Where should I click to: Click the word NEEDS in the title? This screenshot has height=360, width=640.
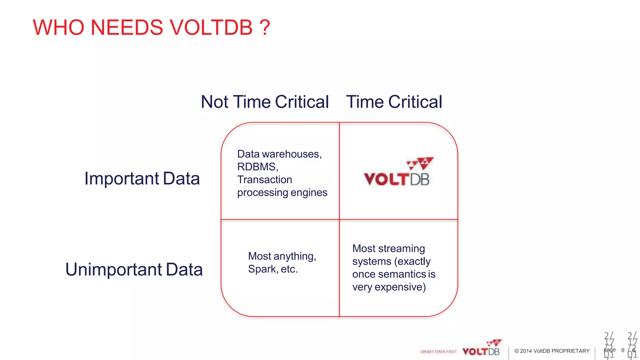127,27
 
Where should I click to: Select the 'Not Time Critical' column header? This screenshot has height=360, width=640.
265,102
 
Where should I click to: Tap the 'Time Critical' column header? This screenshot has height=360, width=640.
394,102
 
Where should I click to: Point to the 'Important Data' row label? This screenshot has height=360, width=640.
142,178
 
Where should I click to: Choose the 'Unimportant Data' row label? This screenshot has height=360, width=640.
134,269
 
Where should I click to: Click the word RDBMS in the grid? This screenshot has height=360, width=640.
257,167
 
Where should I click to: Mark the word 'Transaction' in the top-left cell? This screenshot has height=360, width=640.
265,180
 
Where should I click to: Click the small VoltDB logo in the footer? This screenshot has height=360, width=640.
482,348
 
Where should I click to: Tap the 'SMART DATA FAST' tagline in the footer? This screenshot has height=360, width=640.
438,352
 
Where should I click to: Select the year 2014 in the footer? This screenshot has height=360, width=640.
526,351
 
